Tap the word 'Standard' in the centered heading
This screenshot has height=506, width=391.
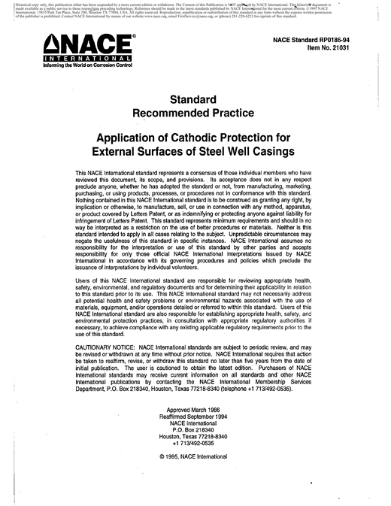195,98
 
